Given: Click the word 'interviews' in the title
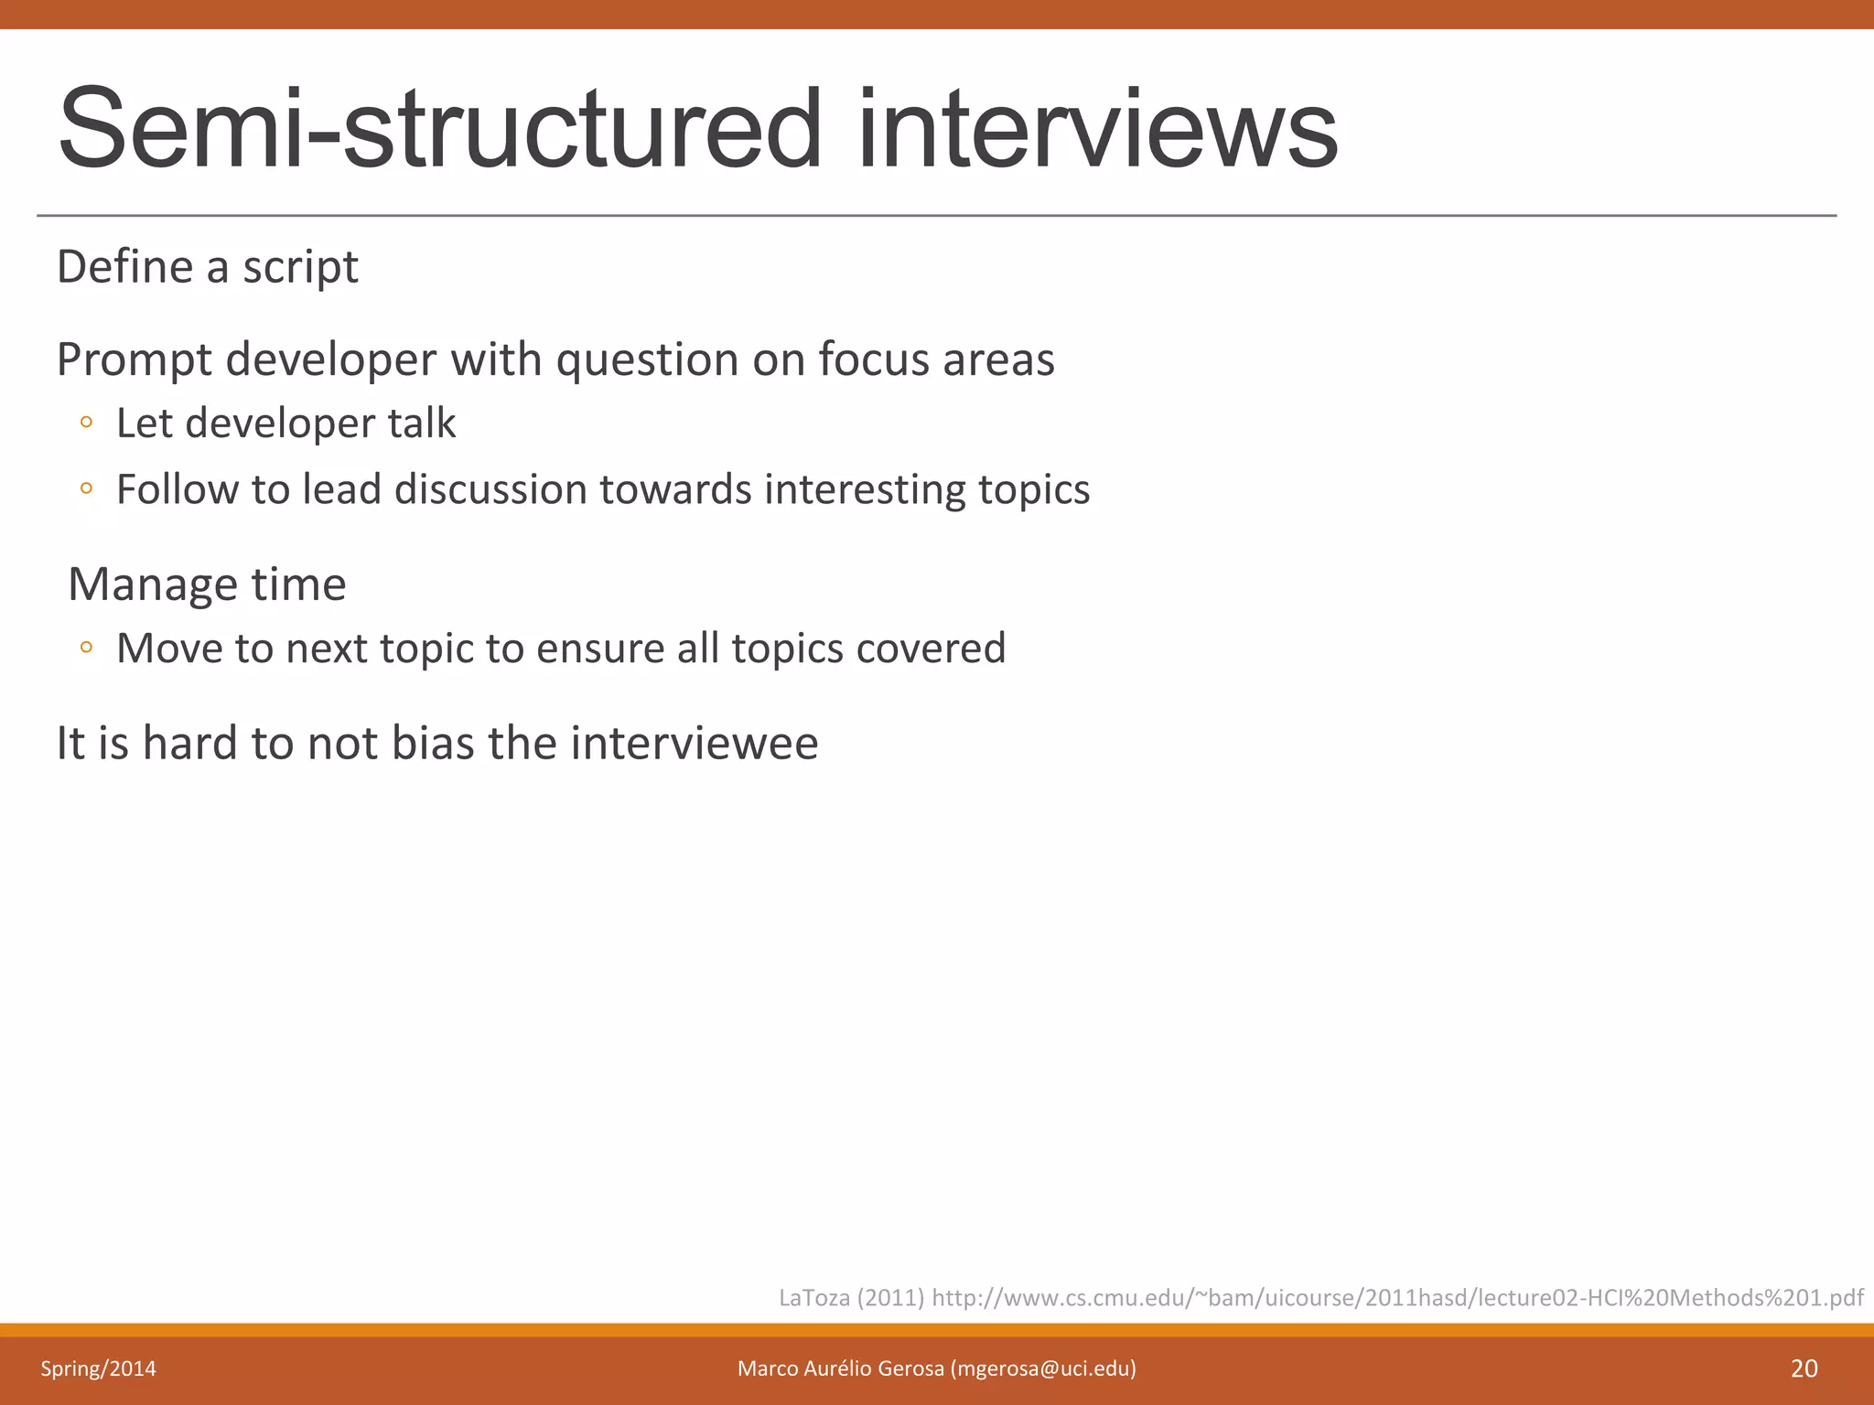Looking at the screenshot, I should coord(1097,129).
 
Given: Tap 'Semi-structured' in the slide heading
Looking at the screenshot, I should coord(440,129).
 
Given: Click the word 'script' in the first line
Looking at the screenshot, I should coord(300,268).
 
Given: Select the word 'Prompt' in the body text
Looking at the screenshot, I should coord(135,359).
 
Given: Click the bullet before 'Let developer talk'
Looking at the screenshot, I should coord(86,423).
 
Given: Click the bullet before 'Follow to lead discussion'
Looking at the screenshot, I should coord(86,489).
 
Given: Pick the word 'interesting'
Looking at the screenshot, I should coord(865,489).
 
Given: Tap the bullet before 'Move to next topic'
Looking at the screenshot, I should coord(86,648).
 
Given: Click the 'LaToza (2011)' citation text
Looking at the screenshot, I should coord(851,1298).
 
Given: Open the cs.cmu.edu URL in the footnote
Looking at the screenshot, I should coord(1396,1298).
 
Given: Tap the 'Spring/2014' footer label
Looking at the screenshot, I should coord(98,1368).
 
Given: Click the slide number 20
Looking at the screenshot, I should coord(1804,1368).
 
